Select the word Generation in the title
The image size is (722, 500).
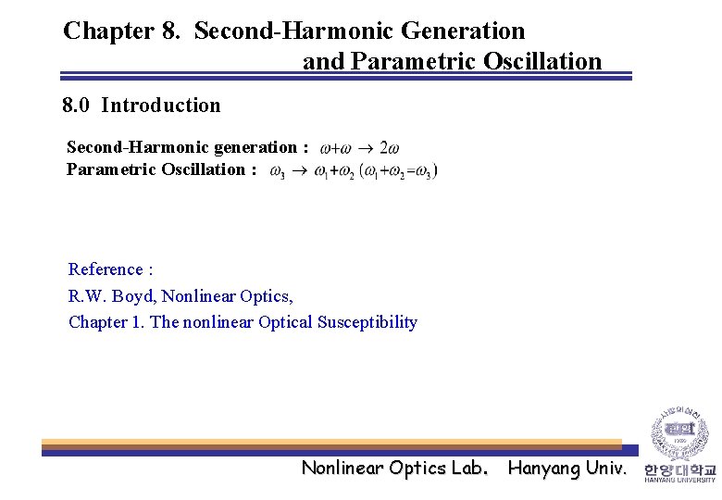pyautogui.click(x=463, y=31)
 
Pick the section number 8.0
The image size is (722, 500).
pyautogui.click(x=76, y=105)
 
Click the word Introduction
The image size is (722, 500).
pyautogui.click(x=161, y=105)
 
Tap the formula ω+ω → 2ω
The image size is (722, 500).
pyautogui.click(x=359, y=147)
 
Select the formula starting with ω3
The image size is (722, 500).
pyautogui.click(x=353, y=171)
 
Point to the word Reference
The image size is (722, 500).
pyautogui.click(x=106, y=269)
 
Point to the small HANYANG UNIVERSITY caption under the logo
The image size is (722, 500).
pyautogui.click(x=680, y=480)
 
